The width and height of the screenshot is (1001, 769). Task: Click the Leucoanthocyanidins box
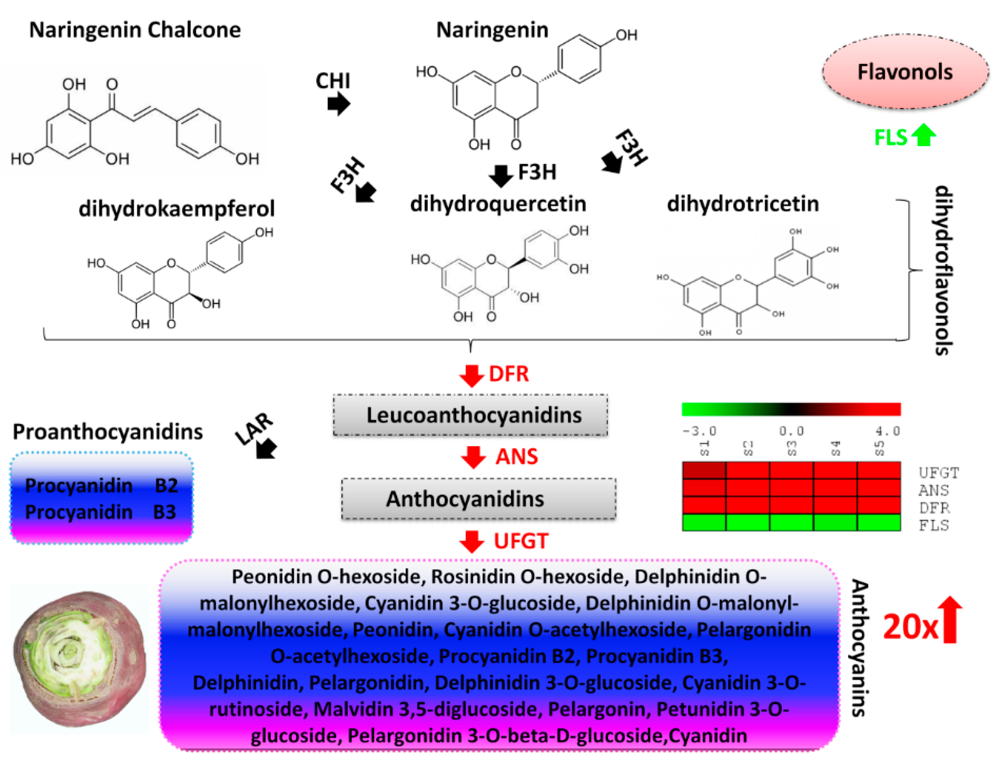tap(470, 415)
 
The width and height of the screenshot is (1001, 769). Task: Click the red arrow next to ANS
tap(473, 457)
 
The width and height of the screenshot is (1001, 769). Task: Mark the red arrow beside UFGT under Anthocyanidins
tap(472, 541)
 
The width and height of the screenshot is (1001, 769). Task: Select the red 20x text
tap(910, 627)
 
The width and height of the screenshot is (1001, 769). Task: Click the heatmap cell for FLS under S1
tap(703, 522)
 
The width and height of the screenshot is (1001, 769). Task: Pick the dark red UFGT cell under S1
tap(703, 470)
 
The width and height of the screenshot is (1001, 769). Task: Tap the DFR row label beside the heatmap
tap(934, 508)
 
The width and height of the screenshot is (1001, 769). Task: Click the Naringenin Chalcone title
tap(135, 30)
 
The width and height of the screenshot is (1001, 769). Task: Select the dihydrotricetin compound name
tap(742, 204)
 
